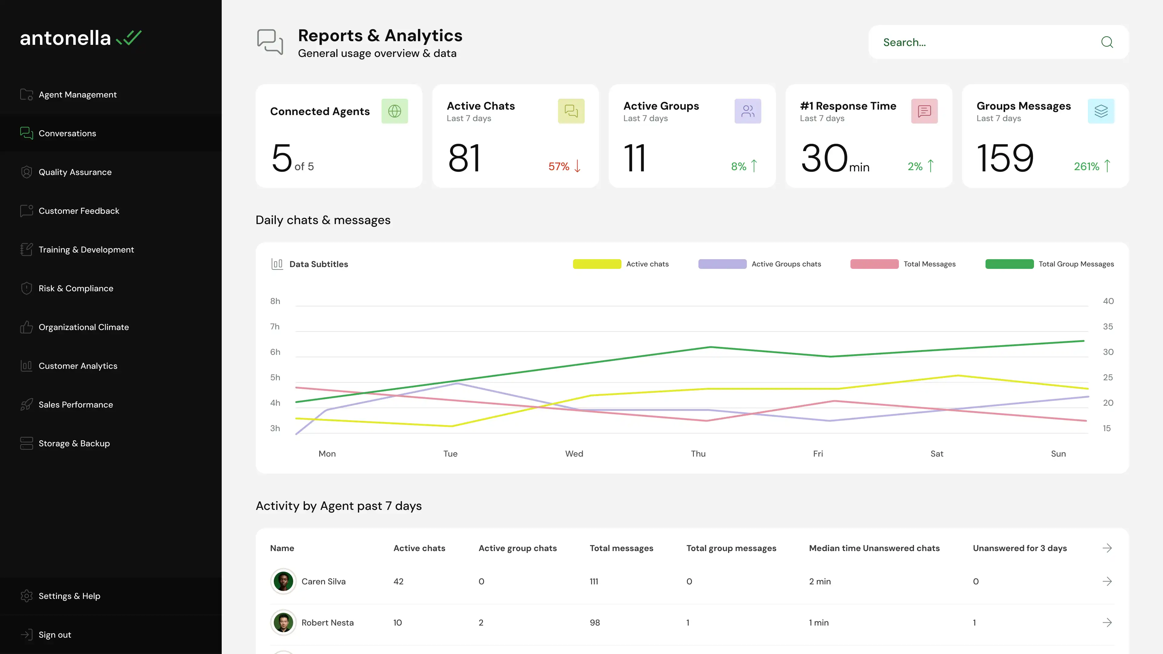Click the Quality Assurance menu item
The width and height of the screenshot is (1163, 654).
coord(75,172)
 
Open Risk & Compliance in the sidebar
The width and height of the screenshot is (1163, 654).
coord(76,289)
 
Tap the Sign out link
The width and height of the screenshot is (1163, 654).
coord(55,635)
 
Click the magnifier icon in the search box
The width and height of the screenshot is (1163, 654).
coord(1107,42)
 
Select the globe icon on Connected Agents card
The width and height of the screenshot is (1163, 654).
coord(395,111)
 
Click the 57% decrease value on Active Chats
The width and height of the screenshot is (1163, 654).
coord(559,167)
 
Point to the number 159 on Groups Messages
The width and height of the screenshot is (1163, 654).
coord(1005,158)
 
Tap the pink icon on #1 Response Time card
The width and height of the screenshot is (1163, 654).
coord(924,111)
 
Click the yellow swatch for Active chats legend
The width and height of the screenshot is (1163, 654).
coord(597,264)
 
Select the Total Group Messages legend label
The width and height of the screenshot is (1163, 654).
coord(1076,264)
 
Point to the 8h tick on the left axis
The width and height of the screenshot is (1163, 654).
coord(275,301)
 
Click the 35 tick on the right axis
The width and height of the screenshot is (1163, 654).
coord(1108,326)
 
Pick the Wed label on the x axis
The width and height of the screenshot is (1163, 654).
coord(574,454)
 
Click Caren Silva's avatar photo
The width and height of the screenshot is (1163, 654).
coord(283,581)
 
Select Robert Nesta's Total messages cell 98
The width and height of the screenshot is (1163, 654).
coord(595,623)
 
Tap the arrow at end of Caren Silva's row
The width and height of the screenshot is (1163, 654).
coord(1107,581)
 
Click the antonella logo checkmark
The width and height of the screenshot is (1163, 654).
coord(129,38)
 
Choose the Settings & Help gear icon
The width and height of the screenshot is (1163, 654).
coord(27,596)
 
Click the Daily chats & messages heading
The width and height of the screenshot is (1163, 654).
coord(323,220)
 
